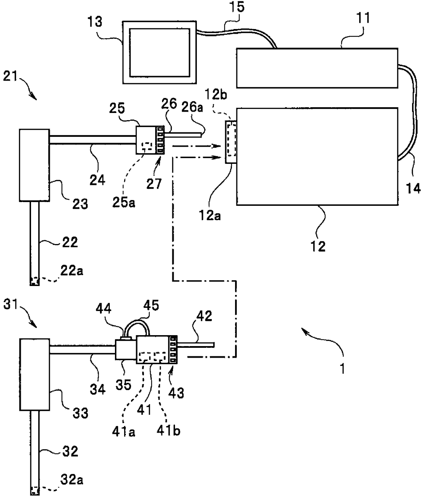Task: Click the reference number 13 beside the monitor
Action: (x=95, y=22)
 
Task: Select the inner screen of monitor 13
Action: (x=160, y=53)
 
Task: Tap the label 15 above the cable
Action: (x=237, y=7)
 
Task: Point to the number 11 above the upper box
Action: (x=362, y=18)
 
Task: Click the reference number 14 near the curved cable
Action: (x=413, y=188)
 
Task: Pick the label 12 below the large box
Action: (x=318, y=246)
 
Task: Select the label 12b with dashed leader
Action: (x=216, y=95)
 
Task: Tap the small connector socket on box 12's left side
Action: (x=231, y=142)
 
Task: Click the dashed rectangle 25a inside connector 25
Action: (x=147, y=147)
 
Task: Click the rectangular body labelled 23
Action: (x=34, y=166)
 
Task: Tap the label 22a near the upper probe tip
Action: (x=72, y=271)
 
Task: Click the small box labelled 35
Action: (x=126, y=350)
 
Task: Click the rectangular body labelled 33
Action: (x=34, y=374)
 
